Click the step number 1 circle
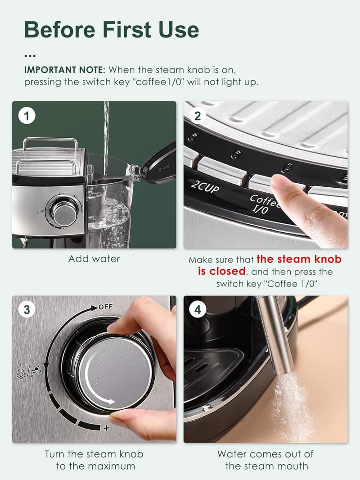tap(27, 116)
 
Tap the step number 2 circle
tap(198, 116)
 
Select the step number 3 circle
tap(27, 309)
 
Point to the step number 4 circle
tap(198, 309)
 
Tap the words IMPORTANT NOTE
tap(64, 70)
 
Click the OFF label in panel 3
tap(106, 307)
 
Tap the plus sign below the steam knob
tap(106, 428)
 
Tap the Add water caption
tap(94, 259)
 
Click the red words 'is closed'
tap(222, 271)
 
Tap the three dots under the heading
tap(30, 56)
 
